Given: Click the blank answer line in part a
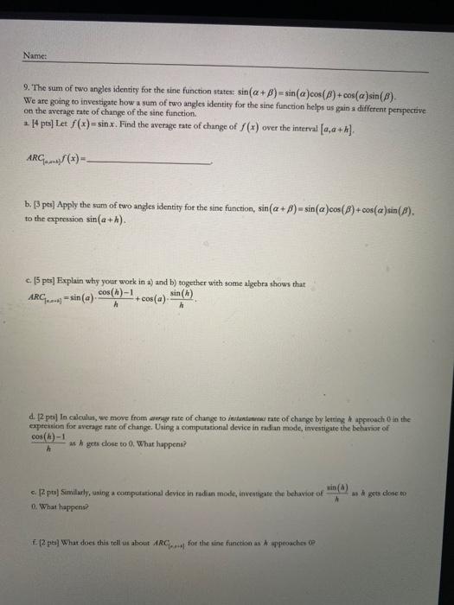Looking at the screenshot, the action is [155, 160].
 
